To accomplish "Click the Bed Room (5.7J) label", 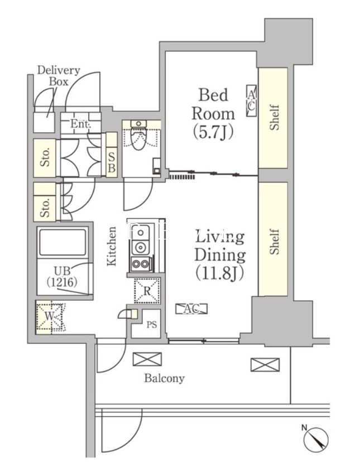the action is tap(213, 113).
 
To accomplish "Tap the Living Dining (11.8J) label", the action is tap(220, 254).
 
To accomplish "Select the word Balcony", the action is tap(164, 378).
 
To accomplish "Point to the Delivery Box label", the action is tap(59, 76).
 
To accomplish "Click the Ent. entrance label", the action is tap(80, 124).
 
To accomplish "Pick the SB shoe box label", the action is tap(112, 162).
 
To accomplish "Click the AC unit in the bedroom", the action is tap(251, 100).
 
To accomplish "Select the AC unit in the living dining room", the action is tap(191, 309).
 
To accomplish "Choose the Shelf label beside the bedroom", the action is tap(275, 117).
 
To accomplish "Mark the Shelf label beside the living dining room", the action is tap(275, 242).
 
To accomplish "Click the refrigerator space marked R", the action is tap(147, 291).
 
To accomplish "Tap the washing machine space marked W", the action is tap(50, 317).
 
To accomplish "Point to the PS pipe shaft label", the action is tap(152, 325).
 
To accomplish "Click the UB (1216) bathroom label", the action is tap(62, 276).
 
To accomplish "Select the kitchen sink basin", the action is tap(140, 233).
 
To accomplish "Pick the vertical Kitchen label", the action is tap(112, 246).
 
